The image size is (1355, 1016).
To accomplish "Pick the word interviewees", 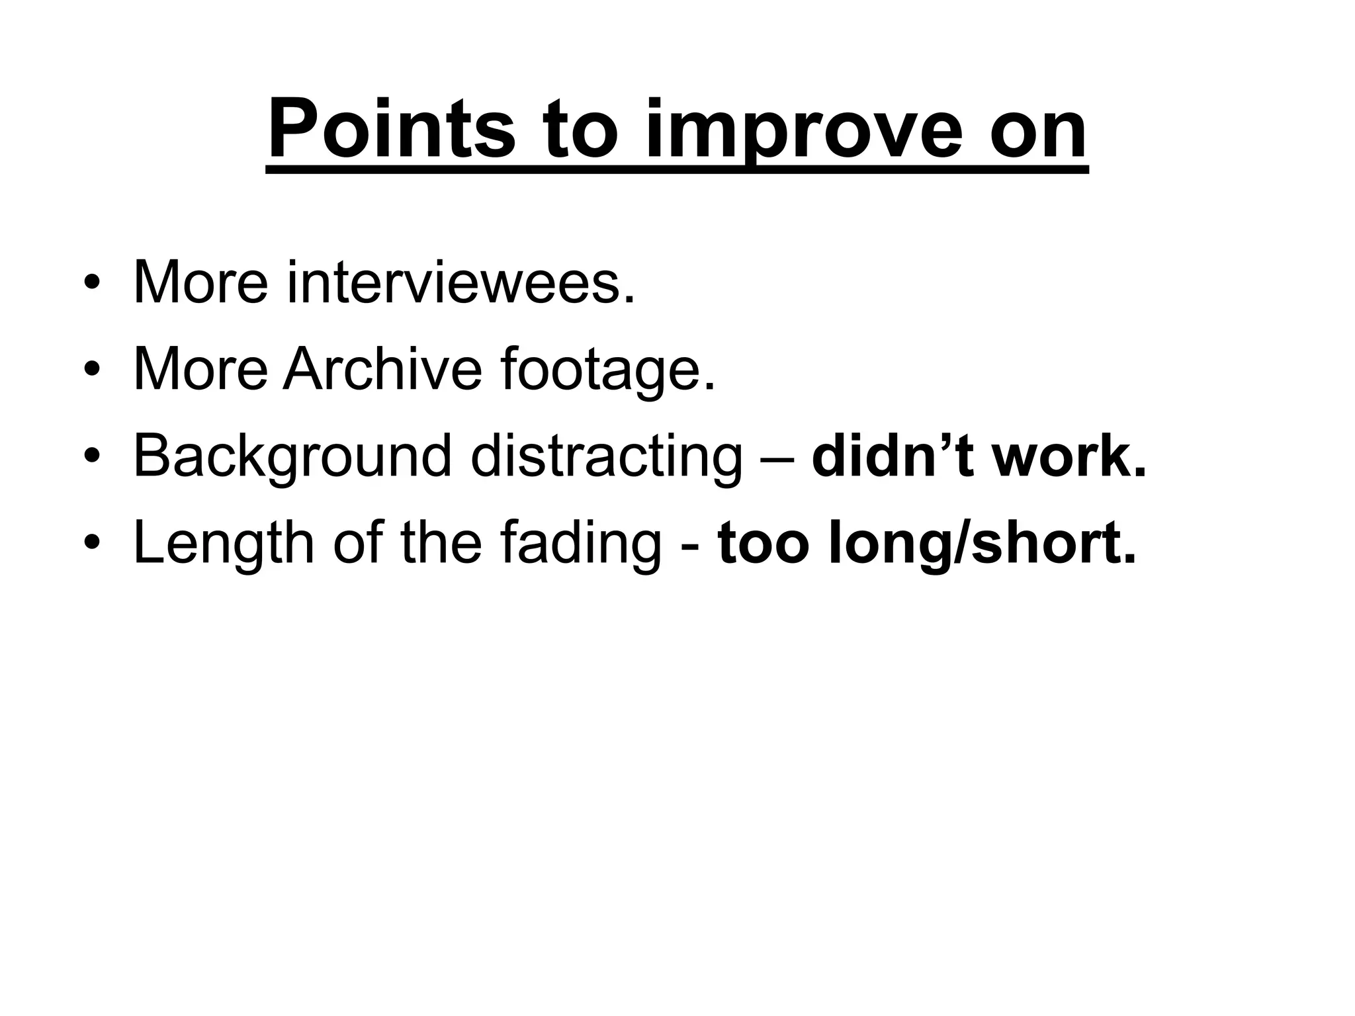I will point(460,282).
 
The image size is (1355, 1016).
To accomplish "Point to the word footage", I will point(608,370).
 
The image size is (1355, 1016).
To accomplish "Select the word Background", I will point(292,456).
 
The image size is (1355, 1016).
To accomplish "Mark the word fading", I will point(580,543).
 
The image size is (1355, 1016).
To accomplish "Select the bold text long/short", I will point(982,543).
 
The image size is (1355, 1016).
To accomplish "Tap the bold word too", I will point(764,543).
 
